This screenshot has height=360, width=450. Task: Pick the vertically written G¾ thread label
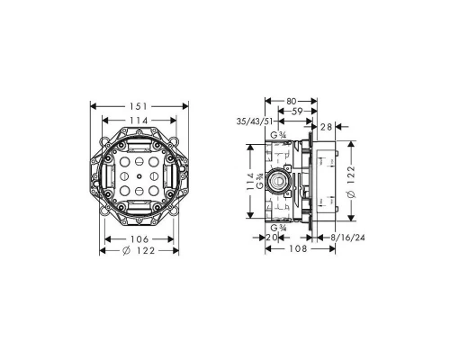[x=262, y=184]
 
